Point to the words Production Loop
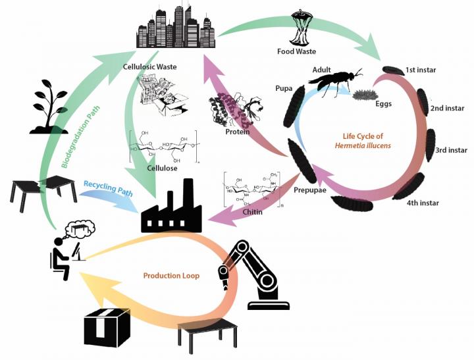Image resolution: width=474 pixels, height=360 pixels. (171, 275)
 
